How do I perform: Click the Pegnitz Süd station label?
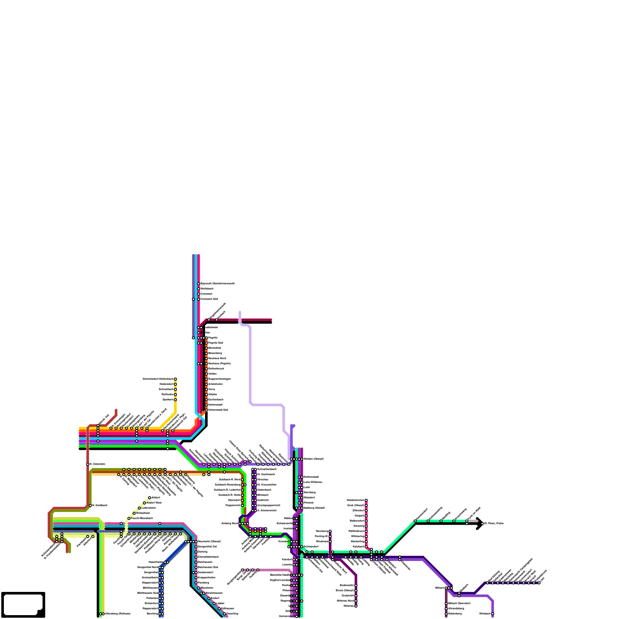(x=215, y=343)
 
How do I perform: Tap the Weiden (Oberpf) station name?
(x=313, y=459)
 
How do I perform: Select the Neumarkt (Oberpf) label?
(x=209, y=542)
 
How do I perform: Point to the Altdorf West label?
(x=154, y=503)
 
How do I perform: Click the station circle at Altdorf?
(x=150, y=498)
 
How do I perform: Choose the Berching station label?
(x=152, y=614)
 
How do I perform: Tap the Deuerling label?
(x=232, y=614)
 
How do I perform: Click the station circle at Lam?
(x=539, y=583)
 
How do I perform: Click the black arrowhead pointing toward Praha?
(x=480, y=523)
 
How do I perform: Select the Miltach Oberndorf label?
(x=459, y=604)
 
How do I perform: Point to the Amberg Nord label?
(x=229, y=523)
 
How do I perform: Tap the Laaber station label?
(x=221, y=604)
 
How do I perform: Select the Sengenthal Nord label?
(x=147, y=568)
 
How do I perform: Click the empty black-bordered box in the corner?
(x=22, y=604)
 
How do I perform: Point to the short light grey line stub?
(x=473, y=522)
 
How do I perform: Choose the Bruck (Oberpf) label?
(x=345, y=591)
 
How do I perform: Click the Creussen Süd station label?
(x=209, y=299)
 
